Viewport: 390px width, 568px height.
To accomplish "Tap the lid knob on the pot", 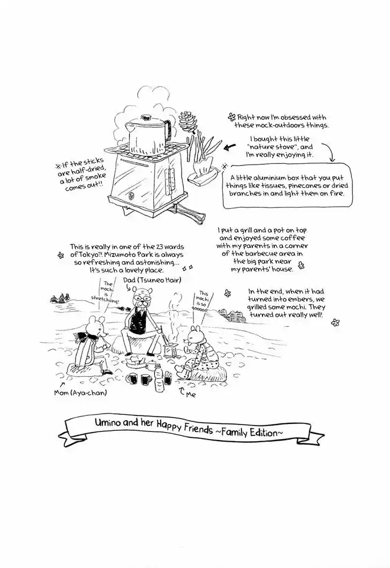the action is (146, 117).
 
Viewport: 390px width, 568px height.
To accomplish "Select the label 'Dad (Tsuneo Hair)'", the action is (152, 279).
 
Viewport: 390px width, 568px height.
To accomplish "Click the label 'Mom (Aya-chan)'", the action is (80, 392).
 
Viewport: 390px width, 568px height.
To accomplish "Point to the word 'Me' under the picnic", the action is (191, 394).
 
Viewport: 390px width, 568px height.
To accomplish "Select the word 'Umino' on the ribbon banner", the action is (106, 422).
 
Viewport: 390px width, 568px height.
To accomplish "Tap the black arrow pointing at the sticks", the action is (230, 147).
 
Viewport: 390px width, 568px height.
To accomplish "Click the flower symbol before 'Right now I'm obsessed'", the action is (231, 117).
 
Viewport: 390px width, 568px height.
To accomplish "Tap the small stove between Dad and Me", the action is (170, 351).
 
